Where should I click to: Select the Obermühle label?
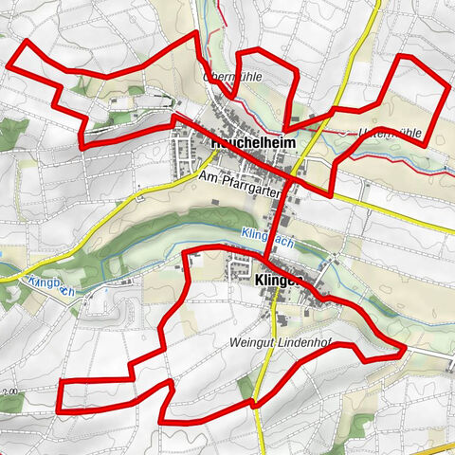231,74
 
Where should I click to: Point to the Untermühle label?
391,135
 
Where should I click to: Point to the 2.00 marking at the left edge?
9,390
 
